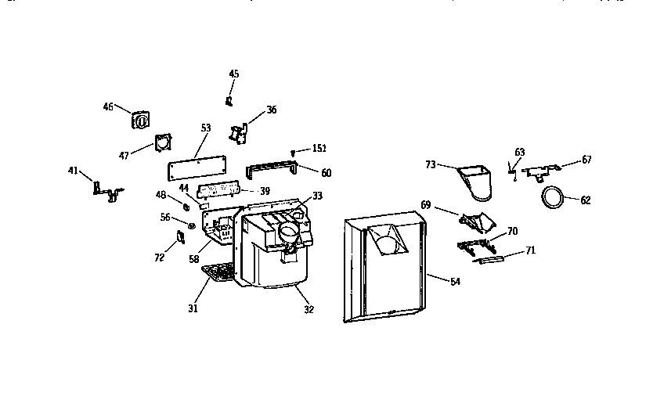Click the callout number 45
(x=233, y=74)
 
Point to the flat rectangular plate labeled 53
(x=197, y=165)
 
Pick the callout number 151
(x=319, y=148)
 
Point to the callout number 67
(x=586, y=160)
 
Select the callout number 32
(x=309, y=309)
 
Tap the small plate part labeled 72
(x=179, y=237)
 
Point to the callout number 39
(x=265, y=191)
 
